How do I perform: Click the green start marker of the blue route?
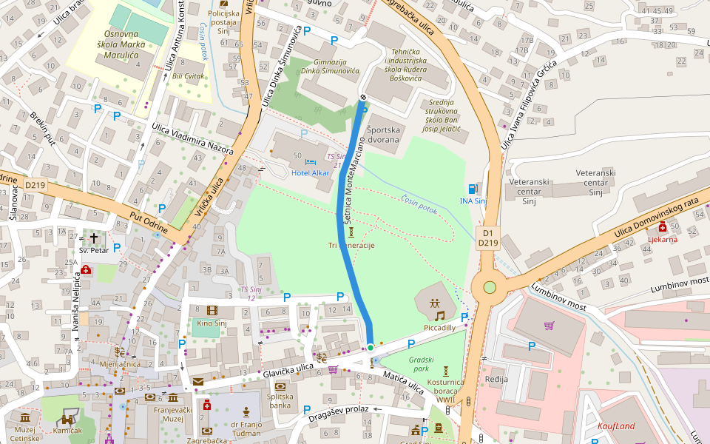coord(371,347)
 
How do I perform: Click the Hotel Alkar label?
coord(310,172)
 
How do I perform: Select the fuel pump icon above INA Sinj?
coord(473,189)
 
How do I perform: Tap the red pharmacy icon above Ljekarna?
coord(663,227)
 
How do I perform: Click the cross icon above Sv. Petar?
coord(94,238)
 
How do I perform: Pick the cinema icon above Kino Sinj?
coord(212,311)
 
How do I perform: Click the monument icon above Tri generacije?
coord(351,232)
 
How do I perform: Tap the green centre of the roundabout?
coord(489,287)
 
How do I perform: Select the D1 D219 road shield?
coord(488,238)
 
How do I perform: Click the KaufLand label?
coord(615,427)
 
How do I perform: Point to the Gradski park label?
coord(420,363)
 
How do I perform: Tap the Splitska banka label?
coord(280,402)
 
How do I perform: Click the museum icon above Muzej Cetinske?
coord(25,418)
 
